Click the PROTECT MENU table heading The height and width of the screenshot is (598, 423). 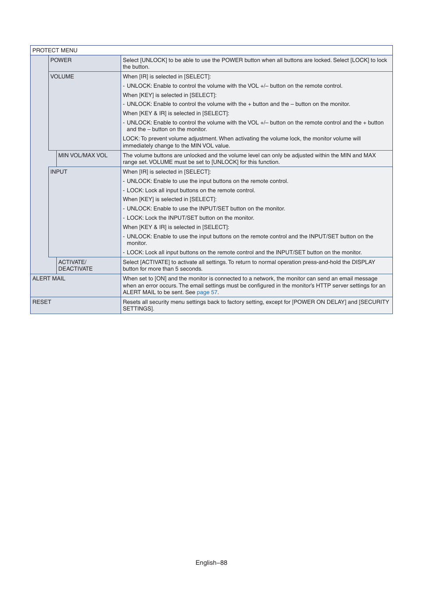(x=55, y=50)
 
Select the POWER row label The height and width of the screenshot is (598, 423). (x=61, y=60)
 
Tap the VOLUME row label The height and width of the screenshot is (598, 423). (x=62, y=77)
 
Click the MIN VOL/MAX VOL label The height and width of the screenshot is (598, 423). (x=83, y=155)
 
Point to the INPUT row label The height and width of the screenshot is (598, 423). (x=59, y=172)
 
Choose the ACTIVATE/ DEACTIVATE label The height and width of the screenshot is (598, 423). (x=75, y=265)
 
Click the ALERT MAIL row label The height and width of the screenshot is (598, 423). (x=49, y=279)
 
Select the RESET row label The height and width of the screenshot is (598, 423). (x=42, y=302)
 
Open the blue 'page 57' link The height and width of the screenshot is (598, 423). (x=207, y=292)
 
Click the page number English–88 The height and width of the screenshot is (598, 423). (x=211, y=563)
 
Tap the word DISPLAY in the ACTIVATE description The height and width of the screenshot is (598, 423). (x=363, y=262)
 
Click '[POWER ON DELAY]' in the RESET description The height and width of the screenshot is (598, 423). (x=319, y=302)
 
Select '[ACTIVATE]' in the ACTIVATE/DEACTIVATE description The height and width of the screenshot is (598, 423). (x=155, y=262)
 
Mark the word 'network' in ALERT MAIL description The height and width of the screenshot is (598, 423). (x=263, y=279)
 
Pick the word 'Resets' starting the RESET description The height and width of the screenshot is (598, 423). (x=132, y=302)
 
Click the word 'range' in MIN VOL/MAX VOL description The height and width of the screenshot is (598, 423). (x=129, y=162)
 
